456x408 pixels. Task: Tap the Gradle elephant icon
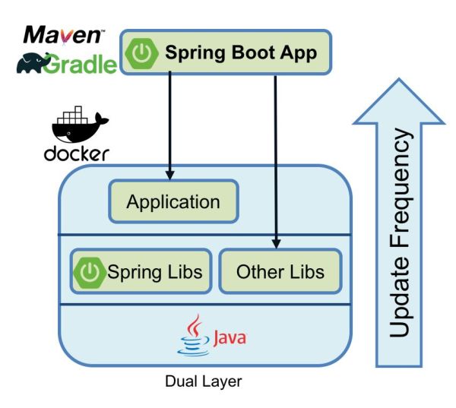pos(34,64)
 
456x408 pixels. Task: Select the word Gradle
pos(85,65)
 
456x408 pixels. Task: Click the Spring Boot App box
pos(226,53)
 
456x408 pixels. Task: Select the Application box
pos(173,202)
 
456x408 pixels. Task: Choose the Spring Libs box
pos(141,270)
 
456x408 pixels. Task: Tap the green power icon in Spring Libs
pos(90,271)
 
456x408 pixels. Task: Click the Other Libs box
pos(280,271)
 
